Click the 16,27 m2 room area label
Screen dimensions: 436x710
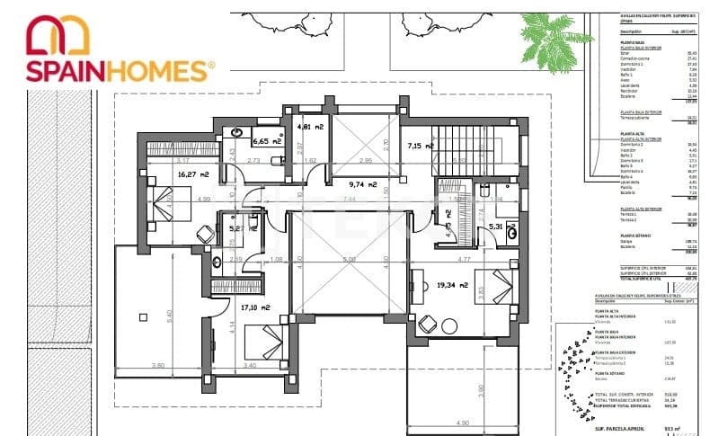[x=168, y=174]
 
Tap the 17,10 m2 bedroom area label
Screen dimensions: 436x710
[x=258, y=307]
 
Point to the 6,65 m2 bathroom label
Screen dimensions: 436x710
[x=267, y=141]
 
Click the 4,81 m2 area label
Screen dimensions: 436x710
[x=311, y=127]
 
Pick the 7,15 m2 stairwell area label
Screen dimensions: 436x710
[x=421, y=145]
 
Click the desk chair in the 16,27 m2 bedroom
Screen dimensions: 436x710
[x=206, y=234]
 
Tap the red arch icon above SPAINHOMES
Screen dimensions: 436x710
[x=58, y=34]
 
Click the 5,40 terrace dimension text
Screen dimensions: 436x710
[x=167, y=316]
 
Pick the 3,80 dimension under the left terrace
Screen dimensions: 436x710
[x=157, y=366]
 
